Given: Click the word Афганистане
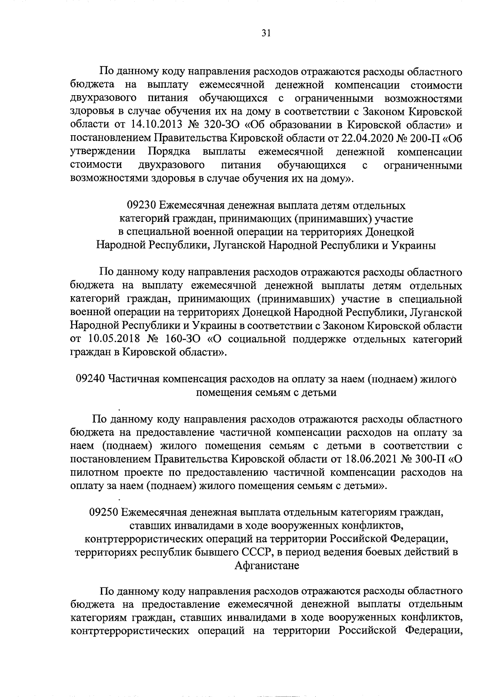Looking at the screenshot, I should (267, 566).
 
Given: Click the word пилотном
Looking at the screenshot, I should (95, 473).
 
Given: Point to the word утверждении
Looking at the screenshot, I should (102, 152).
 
